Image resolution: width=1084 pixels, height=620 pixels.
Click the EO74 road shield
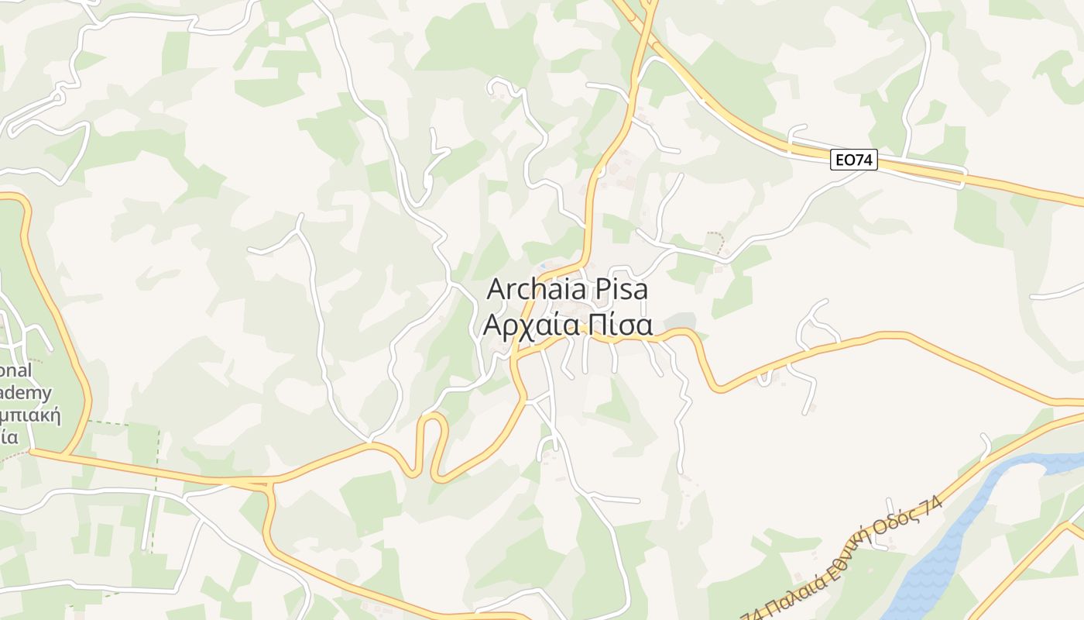click(855, 160)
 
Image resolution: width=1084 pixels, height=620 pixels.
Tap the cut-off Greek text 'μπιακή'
click(31, 415)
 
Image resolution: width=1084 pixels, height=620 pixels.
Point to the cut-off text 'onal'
click(15, 370)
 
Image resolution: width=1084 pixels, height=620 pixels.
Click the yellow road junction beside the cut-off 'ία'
click(31, 450)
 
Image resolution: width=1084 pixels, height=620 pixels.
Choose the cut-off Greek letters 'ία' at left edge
click(9, 436)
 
